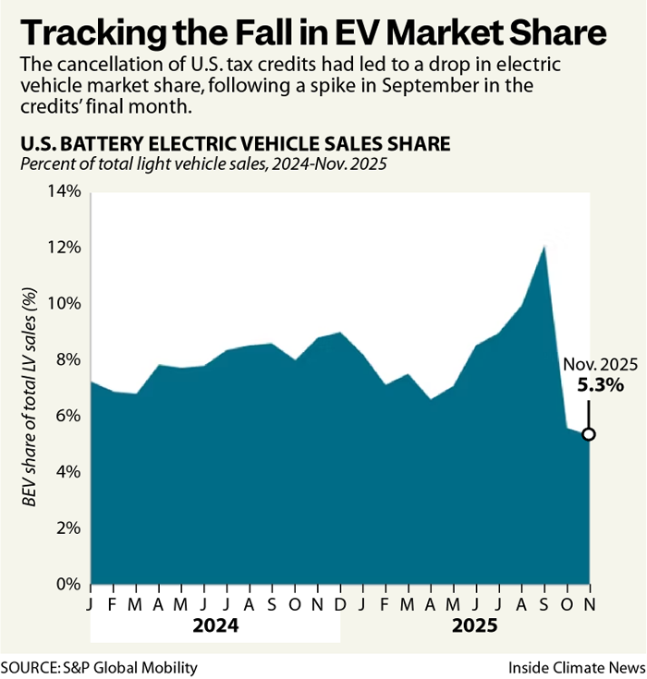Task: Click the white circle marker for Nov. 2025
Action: click(588, 434)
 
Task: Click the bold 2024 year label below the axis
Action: click(215, 625)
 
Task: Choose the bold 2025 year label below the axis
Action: click(474, 625)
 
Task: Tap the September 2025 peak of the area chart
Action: click(544, 246)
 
